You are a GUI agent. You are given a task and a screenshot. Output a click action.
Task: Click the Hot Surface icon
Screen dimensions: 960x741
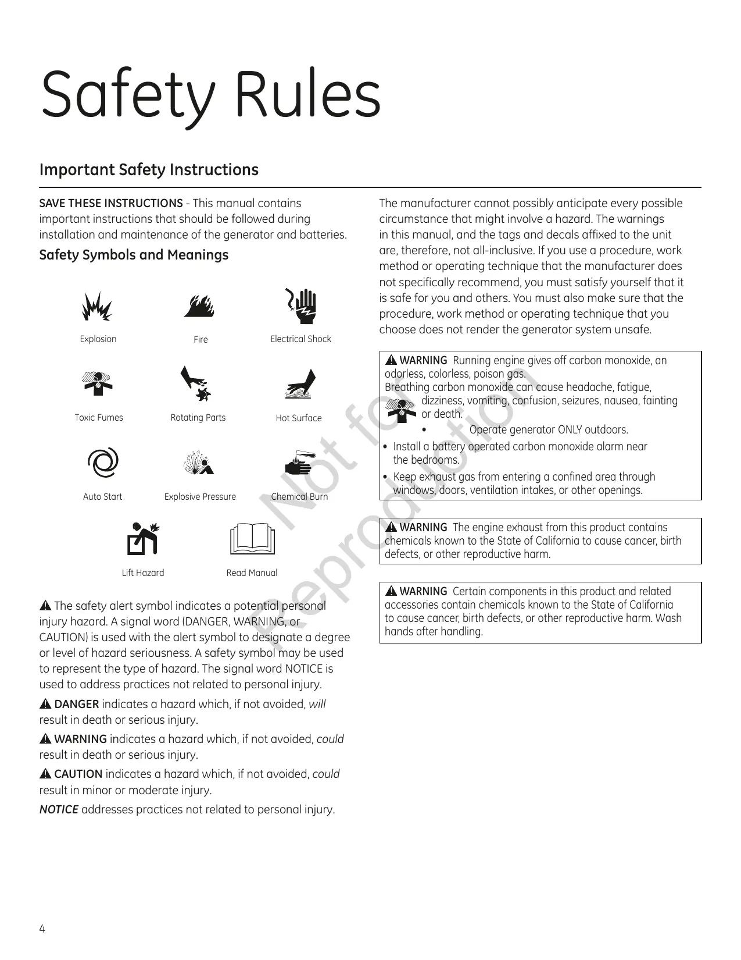click(300, 385)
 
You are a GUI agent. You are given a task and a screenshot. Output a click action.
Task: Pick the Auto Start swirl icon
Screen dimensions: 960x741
click(102, 463)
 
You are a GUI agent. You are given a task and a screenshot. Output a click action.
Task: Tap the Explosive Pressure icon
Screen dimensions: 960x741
click(198, 463)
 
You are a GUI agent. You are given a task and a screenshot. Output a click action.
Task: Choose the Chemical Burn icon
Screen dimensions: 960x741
click(299, 463)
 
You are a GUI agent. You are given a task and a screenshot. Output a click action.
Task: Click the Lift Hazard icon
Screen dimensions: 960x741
click(143, 539)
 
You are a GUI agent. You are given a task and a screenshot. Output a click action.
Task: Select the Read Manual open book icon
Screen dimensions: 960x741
click(252, 539)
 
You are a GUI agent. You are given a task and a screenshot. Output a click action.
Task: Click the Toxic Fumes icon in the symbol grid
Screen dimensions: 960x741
click(98, 384)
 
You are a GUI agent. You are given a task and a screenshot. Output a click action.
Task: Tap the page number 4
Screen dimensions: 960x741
click(42, 928)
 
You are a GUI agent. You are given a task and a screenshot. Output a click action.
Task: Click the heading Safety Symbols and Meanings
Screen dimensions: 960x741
click(134, 255)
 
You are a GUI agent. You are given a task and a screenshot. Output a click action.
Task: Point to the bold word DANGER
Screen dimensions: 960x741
click(76, 705)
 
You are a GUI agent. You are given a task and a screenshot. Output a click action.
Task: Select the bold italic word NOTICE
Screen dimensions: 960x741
click(59, 810)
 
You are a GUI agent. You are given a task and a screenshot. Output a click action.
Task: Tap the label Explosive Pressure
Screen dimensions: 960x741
click(200, 497)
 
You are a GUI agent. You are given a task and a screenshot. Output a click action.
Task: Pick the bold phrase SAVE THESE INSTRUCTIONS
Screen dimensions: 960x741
click(111, 204)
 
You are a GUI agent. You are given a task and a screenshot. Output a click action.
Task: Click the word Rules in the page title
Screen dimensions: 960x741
click(307, 95)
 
